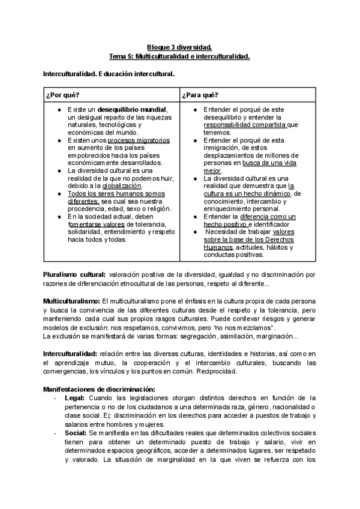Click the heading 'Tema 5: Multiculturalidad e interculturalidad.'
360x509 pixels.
point(179,56)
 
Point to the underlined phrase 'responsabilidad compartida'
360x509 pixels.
point(244,125)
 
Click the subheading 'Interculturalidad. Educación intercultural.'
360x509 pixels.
point(108,74)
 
